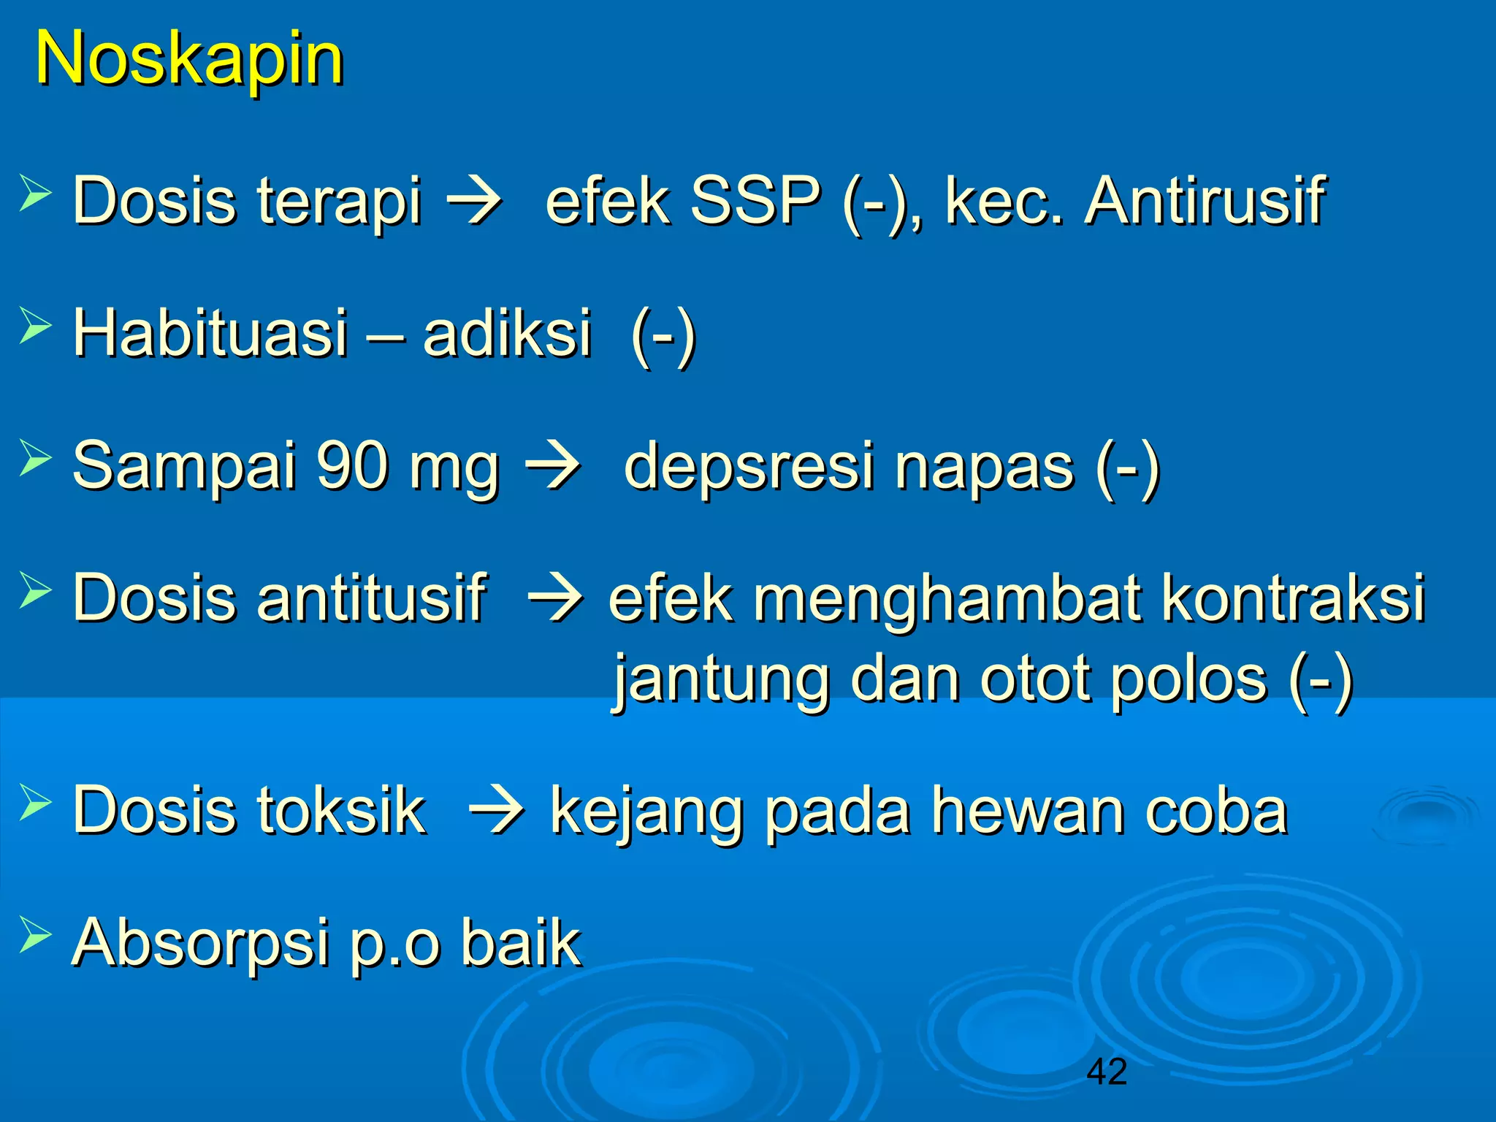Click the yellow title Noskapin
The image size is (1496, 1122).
189,60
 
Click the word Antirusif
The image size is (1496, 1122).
1205,201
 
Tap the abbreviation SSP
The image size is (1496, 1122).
755,201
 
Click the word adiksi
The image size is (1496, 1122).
507,333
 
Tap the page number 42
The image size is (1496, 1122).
1107,1072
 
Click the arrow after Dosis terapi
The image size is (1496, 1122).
474,201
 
